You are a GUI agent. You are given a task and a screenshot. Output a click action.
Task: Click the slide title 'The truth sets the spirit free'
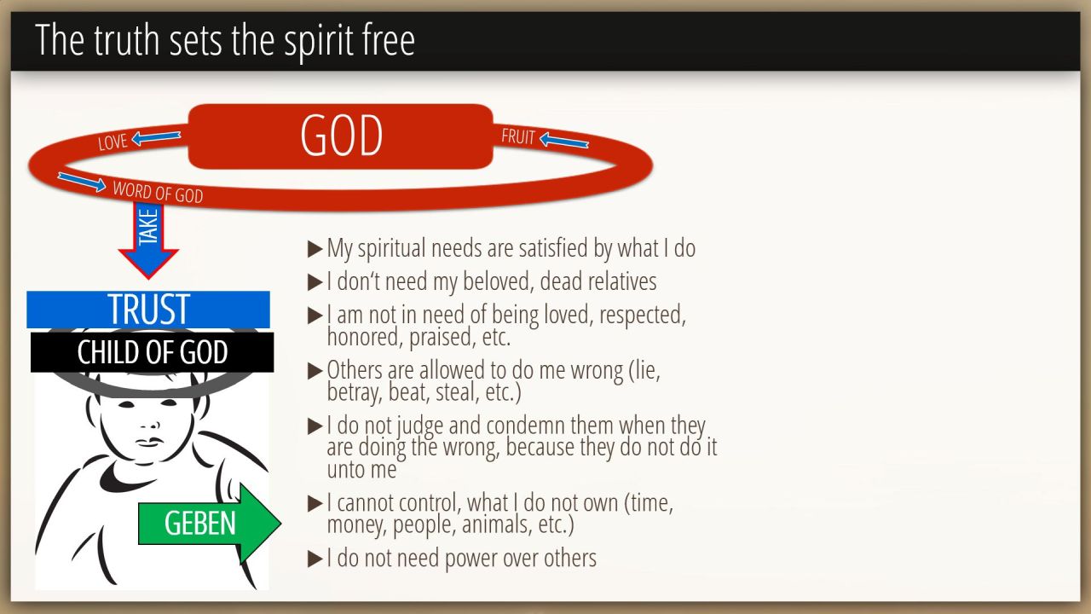point(225,40)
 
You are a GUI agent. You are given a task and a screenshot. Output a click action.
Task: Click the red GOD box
point(340,136)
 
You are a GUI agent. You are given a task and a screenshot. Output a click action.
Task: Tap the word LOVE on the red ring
point(113,142)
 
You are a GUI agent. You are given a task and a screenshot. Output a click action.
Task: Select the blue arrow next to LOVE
point(156,137)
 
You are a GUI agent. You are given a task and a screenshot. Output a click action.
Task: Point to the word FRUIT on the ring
point(518,136)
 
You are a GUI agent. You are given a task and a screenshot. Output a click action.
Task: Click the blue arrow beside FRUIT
point(564,141)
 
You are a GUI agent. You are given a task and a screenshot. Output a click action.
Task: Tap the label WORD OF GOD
point(158,192)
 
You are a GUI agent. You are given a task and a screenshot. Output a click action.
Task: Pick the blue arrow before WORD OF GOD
point(81,182)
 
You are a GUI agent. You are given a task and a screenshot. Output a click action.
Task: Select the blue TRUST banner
point(148,310)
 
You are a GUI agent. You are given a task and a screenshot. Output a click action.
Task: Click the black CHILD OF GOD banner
point(152,352)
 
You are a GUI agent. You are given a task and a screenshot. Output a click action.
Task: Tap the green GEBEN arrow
point(210,523)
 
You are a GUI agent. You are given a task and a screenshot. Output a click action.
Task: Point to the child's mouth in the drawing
point(150,442)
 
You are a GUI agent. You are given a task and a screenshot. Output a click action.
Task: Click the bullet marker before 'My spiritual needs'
point(315,249)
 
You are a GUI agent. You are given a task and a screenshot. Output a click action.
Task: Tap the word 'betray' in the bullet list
point(354,393)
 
